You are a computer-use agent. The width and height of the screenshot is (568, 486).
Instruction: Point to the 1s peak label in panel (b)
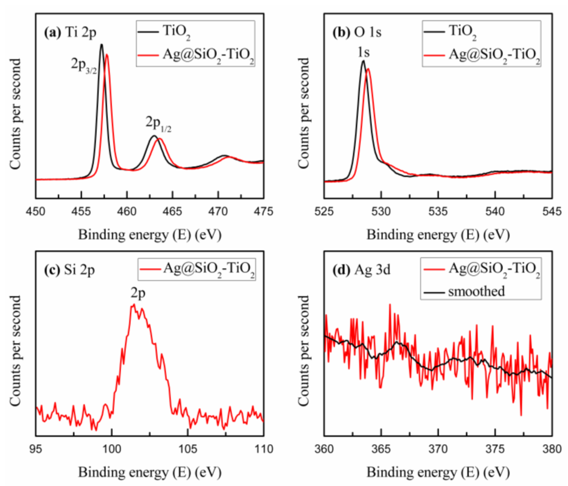click(364, 52)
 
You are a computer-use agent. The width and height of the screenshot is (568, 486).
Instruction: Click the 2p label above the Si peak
click(138, 293)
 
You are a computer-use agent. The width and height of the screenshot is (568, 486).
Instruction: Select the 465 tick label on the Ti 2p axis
click(172, 212)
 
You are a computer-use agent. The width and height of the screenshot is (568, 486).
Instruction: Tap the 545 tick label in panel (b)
click(552, 212)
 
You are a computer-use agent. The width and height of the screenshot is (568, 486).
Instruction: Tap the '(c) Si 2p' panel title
click(70, 270)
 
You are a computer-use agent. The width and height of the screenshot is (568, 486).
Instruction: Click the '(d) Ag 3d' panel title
click(361, 270)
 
